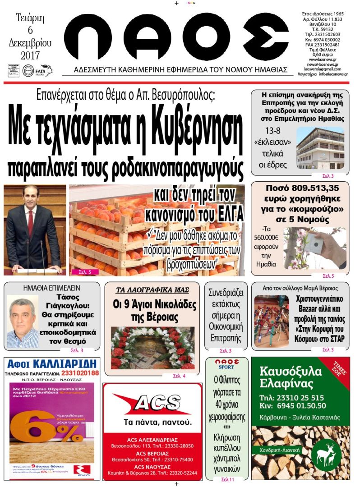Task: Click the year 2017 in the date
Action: (30, 55)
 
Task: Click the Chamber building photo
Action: (320, 148)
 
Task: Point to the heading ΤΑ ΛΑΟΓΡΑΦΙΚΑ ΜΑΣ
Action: (152, 290)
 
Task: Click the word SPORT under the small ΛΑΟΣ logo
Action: (226, 367)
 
